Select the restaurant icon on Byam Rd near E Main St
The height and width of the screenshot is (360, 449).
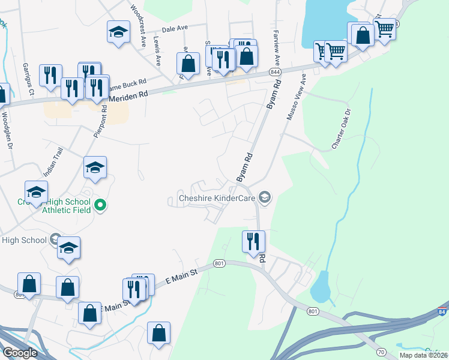click(x=253, y=242)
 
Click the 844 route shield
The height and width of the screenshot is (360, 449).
click(x=275, y=72)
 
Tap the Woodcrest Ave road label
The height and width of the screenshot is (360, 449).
click(x=139, y=25)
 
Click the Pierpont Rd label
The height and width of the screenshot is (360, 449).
click(x=100, y=121)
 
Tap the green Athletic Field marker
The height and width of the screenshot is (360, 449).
click(x=101, y=206)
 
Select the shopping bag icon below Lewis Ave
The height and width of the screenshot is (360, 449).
click(x=188, y=63)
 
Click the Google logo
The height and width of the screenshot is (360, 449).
click(x=19, y=353)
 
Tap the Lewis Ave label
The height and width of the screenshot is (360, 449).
click(x=157, y=51)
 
